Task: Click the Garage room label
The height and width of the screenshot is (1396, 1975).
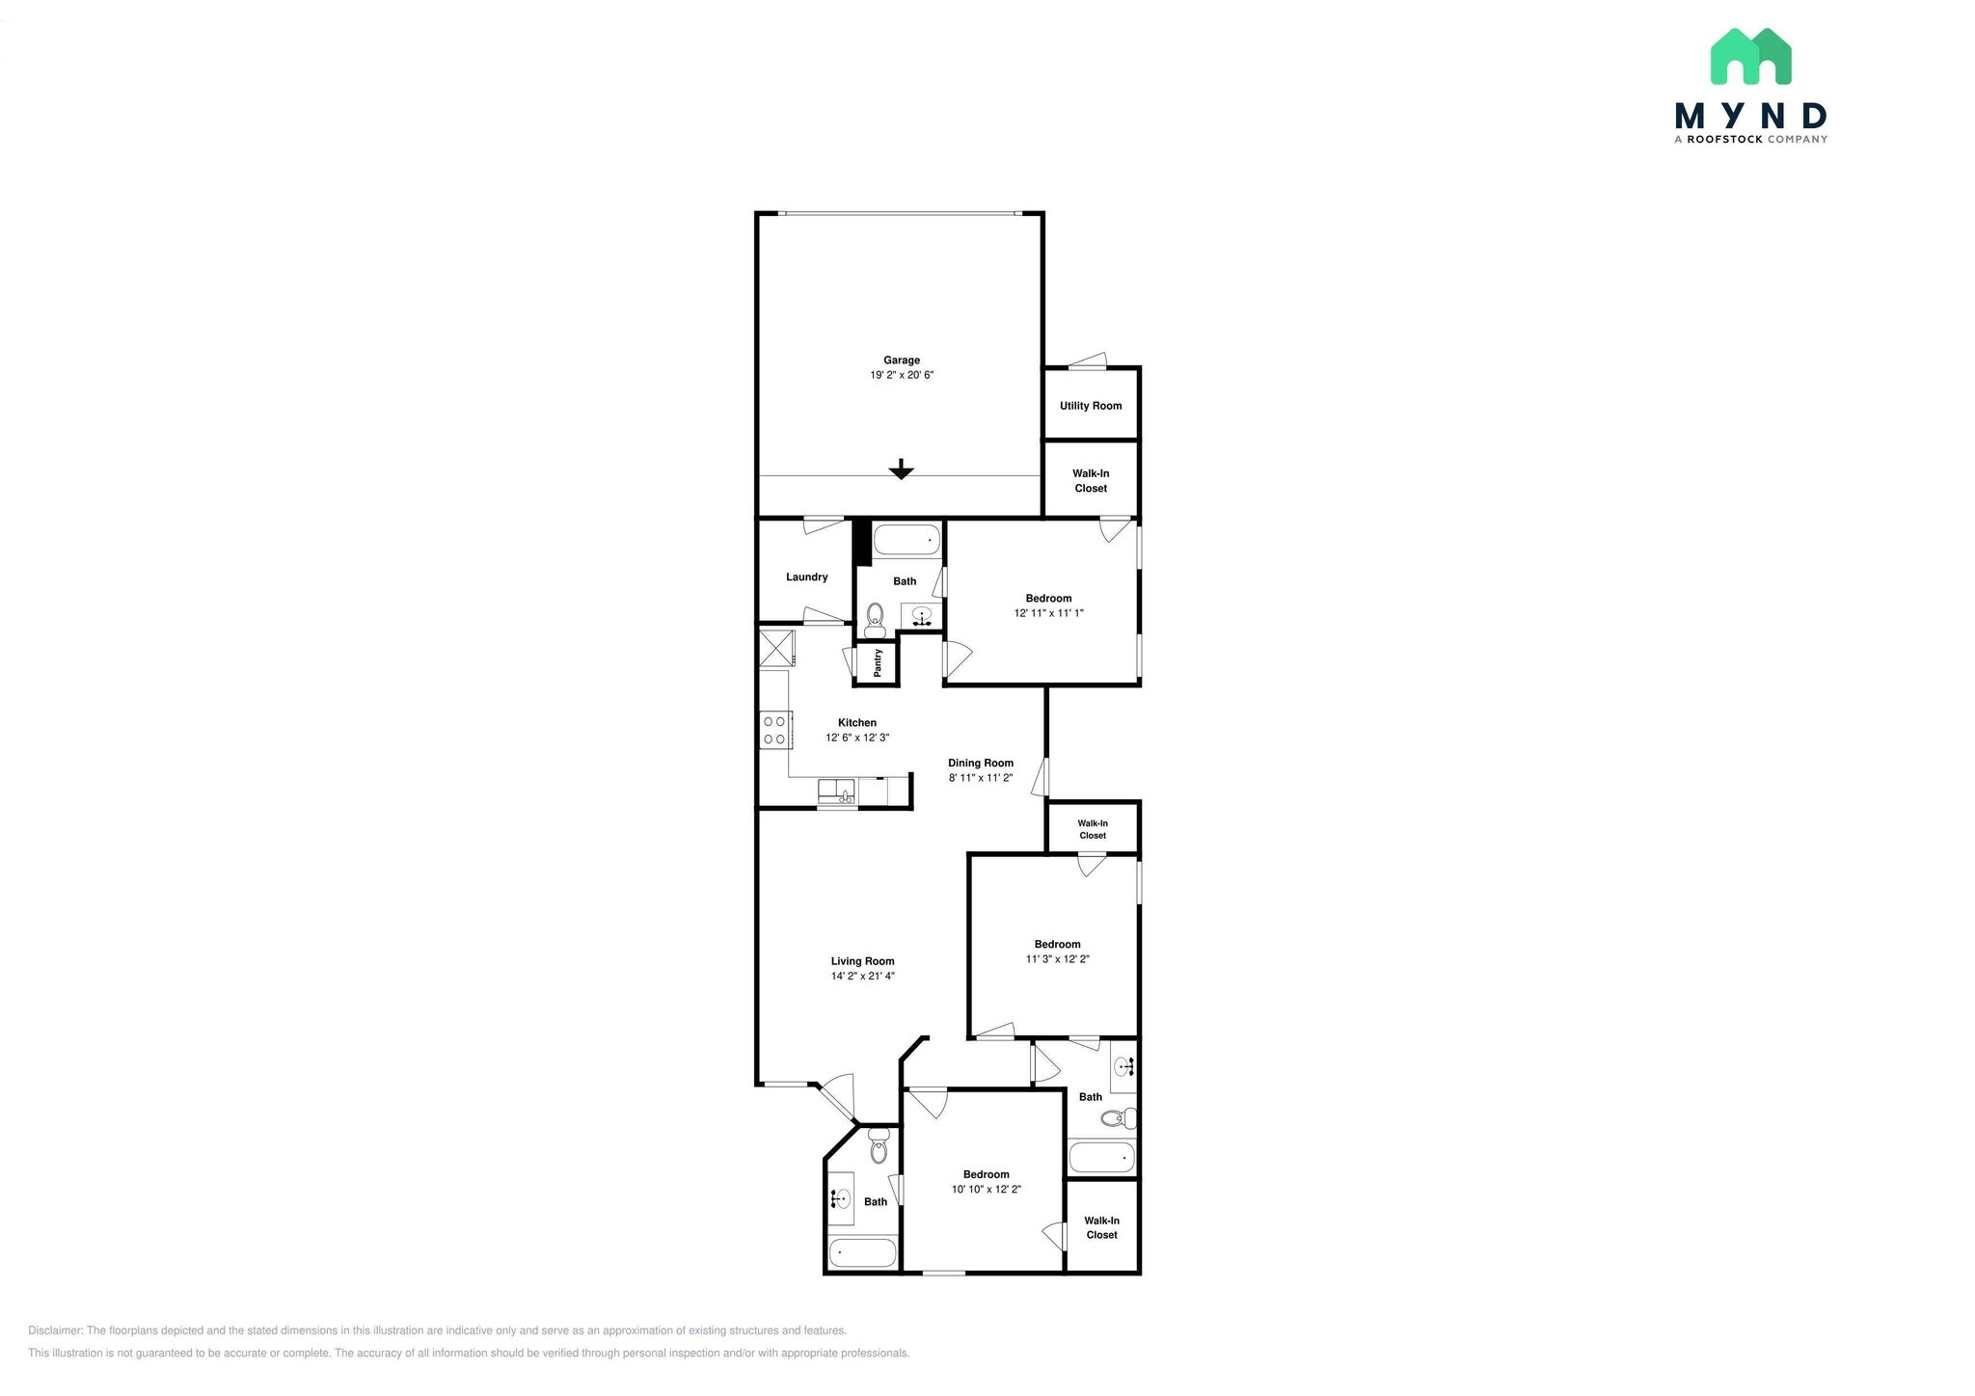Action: point(902,361)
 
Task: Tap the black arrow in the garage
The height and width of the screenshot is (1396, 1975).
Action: point(901,470)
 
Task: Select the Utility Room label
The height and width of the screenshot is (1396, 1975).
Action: point(1091,406)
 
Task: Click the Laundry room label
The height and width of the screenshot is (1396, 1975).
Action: point(806,577)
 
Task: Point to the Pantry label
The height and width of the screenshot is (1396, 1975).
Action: point(878,662)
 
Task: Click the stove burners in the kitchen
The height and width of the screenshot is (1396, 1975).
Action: point(774,730)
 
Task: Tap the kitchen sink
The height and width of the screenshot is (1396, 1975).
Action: point(836,792)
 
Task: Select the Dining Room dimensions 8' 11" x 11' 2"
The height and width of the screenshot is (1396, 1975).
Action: point(981,778)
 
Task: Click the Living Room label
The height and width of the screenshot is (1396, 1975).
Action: point(862,961)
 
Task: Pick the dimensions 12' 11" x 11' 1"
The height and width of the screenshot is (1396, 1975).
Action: point(1048,613)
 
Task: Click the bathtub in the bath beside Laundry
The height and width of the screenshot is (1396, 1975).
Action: point(906,540)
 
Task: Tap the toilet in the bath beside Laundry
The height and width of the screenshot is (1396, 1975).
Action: point(875,618)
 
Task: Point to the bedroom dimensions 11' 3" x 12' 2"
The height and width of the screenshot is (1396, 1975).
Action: point(1057,959)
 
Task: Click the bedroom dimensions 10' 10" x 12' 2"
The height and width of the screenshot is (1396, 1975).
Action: point(986,1190)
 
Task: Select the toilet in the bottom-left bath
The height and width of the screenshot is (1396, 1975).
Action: point(879,1147)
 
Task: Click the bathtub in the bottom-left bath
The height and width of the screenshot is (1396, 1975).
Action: point(863,1252)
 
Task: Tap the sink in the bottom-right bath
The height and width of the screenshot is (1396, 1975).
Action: point(1123,1066)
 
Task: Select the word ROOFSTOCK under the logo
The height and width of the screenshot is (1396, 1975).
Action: point(1724,140)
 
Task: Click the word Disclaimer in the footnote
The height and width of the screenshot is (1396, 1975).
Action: point(55,1330)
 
